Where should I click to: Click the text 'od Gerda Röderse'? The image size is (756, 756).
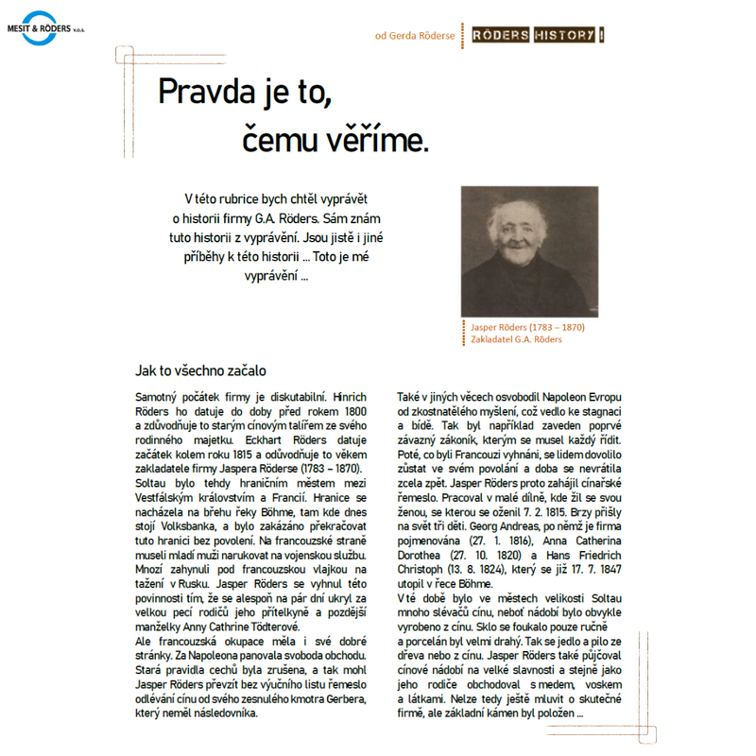click(x=415, y=36)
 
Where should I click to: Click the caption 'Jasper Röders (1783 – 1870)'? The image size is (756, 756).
click(x=527, y=327)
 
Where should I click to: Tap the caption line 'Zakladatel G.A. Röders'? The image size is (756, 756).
click(x=516, y=339)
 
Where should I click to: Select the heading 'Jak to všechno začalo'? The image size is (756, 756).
click(x=201, y=370)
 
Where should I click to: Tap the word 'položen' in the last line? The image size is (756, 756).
click(x=553, y=713)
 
